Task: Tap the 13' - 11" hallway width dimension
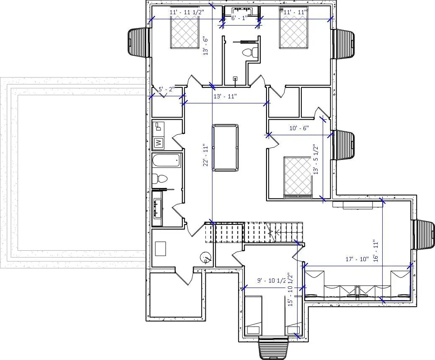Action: pos(225,97)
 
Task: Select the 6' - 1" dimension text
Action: pos(239,18)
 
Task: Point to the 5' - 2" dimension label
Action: pos(167,89)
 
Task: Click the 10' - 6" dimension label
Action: pos(299,128)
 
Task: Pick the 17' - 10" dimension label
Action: pos(357,259)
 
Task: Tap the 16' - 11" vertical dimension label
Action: pos(375,250)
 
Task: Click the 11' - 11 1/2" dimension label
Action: pos(186,12)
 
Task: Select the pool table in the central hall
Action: pos(225,147)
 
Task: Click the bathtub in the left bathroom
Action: pos(166,160)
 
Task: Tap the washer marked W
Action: pos(158,143)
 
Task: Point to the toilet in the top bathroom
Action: pos(250,52)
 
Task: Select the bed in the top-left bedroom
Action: pos(184,33)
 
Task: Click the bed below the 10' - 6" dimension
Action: pos(298,176)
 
